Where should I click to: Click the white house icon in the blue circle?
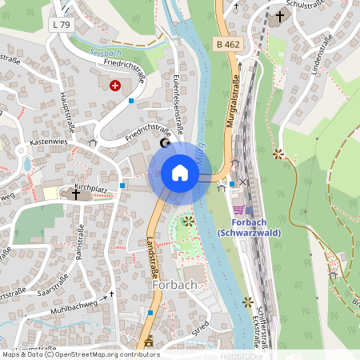tap(180, 173)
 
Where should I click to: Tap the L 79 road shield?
tap(60, 25)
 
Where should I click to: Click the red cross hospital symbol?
tap(115, 84)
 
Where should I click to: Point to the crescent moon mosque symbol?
tap(166, 143)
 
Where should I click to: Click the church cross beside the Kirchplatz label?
tap(77, 194)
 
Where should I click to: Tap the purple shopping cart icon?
tap(238, 209)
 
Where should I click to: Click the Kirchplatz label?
tap(91, 188)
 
